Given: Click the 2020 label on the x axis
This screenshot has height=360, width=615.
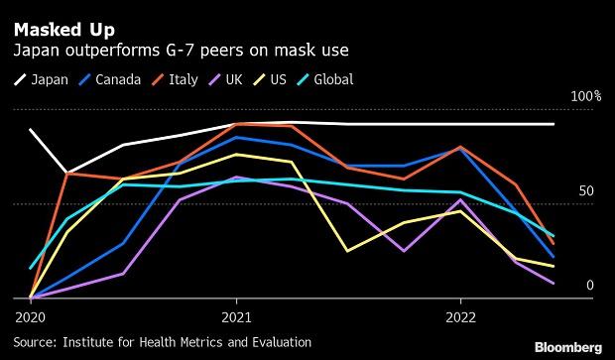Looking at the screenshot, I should pos(30,318).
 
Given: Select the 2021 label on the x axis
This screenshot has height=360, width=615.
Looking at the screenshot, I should pos(236,318).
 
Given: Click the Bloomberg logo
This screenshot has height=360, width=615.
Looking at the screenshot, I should pos(567,347).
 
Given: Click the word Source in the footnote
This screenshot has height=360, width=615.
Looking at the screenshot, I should pos(37,342).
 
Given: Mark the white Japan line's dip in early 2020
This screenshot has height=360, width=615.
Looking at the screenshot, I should pos(66,173).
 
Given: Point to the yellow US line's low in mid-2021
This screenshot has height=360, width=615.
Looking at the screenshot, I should pos(347,251).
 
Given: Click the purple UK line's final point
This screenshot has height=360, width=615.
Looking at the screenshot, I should pos(553,284).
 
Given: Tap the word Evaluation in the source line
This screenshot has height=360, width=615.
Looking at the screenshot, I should pos(279,342).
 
